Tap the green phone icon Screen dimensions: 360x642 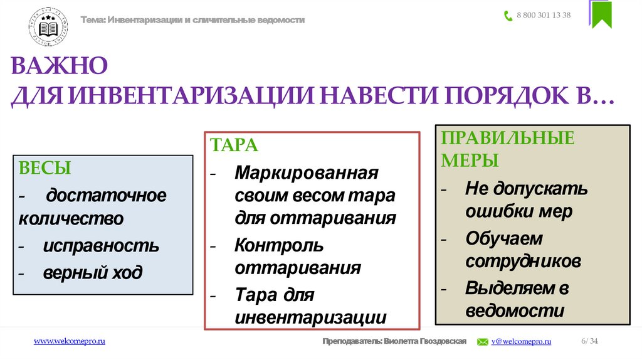point(508,16)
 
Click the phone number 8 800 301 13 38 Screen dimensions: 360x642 point(544,16)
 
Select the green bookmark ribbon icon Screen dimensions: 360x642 point(601,14)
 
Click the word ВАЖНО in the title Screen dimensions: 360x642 point(60,65)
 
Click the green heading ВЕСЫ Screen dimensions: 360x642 point(45,168)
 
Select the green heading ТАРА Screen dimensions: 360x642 point(234,145)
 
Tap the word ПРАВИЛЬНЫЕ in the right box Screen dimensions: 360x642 point(508,137)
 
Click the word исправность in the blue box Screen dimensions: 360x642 point(101,246)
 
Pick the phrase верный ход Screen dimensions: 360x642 point(93,273)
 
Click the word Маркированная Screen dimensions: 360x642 point(307,172)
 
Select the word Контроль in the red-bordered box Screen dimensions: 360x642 point(279,244)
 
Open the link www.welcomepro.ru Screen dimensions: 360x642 point(69,341)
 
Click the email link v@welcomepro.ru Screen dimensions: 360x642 point(521,341)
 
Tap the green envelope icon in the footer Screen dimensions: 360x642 point(483,342)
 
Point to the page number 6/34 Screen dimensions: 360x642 point(589,341)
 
